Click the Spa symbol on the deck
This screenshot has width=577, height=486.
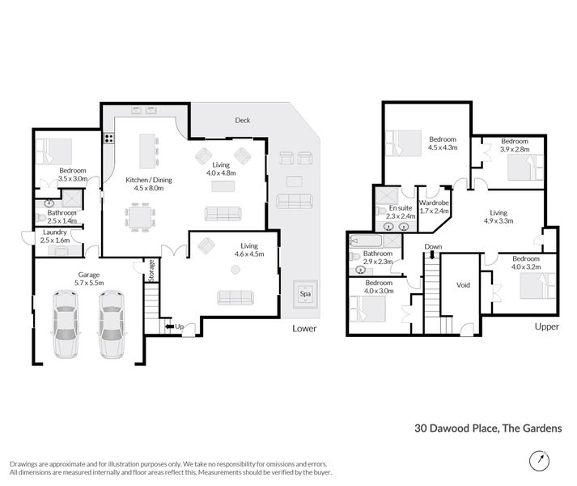(x=305, y=292)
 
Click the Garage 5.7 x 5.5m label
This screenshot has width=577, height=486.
(x=89, y=279)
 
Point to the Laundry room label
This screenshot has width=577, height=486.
(x=55, y=237)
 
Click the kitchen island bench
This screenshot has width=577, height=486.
(x=147, y=151)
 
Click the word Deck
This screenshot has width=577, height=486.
(x=243, y=120)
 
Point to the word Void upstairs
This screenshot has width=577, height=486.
(x=463, y=284)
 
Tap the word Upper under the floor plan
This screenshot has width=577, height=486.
(x=547, y=328)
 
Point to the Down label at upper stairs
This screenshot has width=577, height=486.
(x=433, y=247)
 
